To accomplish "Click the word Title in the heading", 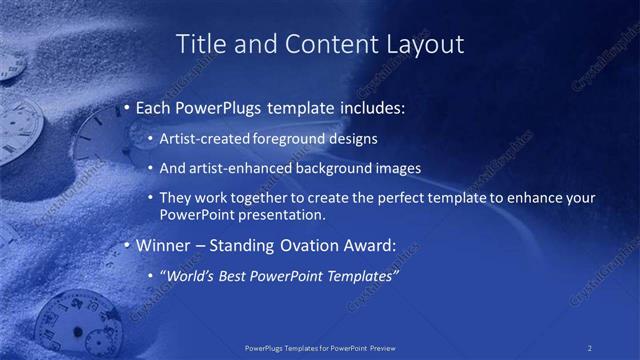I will (200, 44).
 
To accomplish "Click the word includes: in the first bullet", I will (368, 108).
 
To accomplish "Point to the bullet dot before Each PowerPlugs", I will (127, 108).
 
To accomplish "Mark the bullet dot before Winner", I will (127, 245).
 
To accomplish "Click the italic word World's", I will (189, 275).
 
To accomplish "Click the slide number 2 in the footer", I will (590, 348).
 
